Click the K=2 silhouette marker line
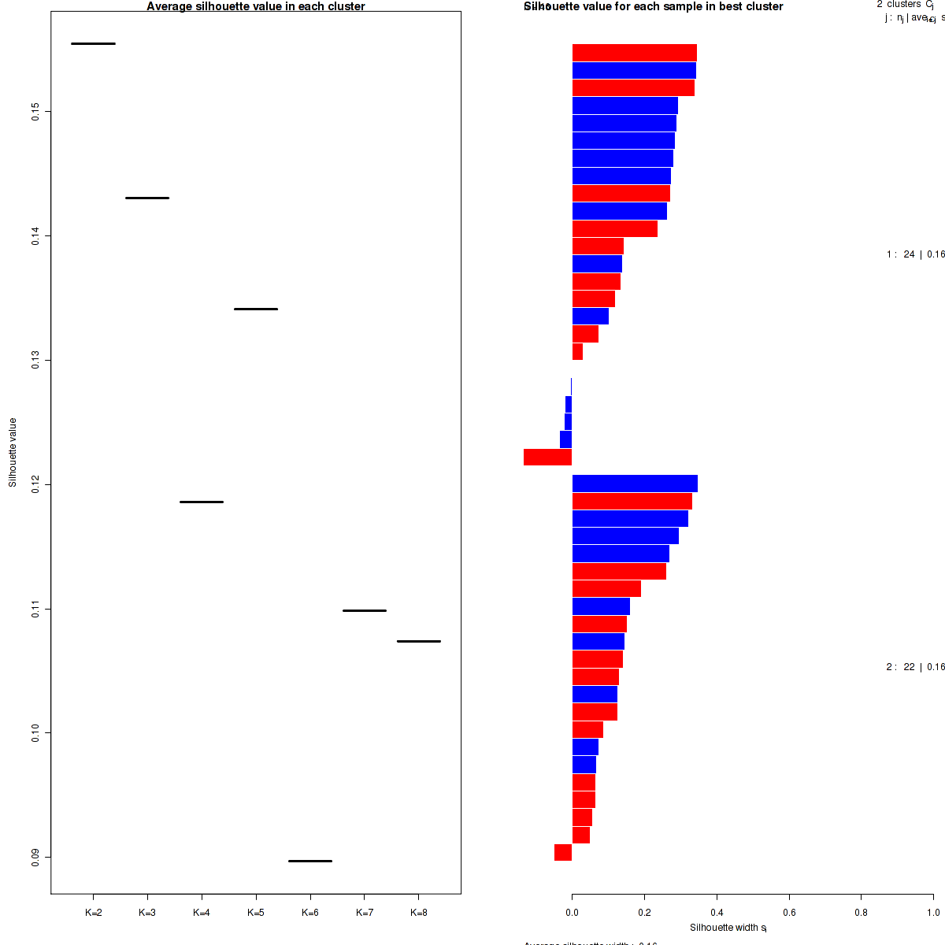93,43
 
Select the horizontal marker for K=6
310,861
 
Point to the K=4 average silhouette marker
202,502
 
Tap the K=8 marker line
418,641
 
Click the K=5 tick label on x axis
256,913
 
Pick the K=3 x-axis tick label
147,913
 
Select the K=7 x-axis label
365,913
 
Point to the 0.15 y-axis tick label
35,112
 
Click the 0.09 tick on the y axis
35,858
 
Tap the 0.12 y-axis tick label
35,484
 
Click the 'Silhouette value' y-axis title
13,453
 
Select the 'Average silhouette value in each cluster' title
256,6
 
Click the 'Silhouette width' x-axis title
728,928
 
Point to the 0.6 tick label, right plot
789,913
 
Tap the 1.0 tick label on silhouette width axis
932,913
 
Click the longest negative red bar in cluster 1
547,457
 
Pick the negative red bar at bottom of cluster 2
563,852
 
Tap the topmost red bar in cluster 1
634,53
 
